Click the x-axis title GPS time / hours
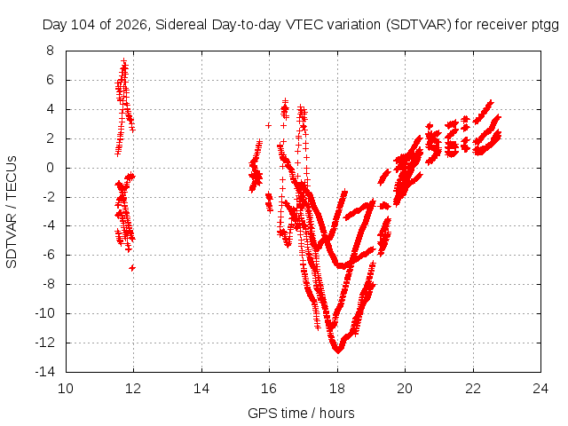(301, 413)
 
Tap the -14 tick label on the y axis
(45, 372)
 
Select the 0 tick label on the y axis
(50, 168)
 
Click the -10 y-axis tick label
(45, 313)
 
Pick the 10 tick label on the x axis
(66, 389)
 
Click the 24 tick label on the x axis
(540, 389)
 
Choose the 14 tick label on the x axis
(201, 389)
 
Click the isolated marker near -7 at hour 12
(132, 268)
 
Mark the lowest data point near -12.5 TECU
(338, 351)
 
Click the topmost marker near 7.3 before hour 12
(124, 61)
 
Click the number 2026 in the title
(132, 25)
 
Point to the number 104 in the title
(83, 25)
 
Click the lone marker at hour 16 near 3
(268, 125)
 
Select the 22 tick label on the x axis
(473, 389)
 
